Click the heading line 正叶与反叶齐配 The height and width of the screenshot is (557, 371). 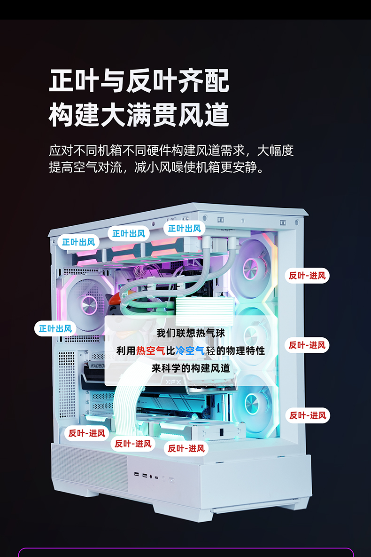coord(139,81)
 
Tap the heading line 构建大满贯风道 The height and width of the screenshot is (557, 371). coord(139,114)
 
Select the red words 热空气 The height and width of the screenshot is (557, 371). coord(151,351)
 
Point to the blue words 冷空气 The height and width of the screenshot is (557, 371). coord(190,351)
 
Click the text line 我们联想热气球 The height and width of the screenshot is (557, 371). coord(191,333)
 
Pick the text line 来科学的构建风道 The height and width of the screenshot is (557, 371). coord(191,368)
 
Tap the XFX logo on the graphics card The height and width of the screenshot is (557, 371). coord(173,382)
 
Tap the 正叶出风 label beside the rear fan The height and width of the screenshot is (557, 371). coord(55,328)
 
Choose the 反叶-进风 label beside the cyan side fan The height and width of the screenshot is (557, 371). coord(308,415)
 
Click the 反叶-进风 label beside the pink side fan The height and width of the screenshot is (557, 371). coord(307,276)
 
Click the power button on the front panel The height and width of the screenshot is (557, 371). coord(172,480)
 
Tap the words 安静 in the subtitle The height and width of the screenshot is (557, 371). coord(245,167)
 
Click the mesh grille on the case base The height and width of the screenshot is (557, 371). coord(89,465)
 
